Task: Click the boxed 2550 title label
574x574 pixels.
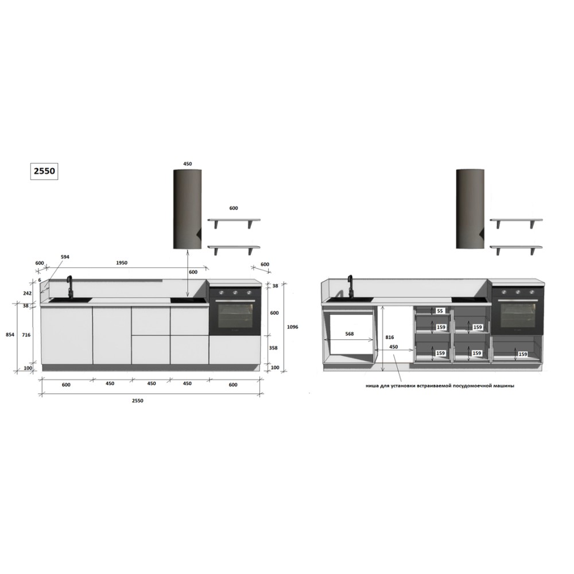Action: pos(44,171)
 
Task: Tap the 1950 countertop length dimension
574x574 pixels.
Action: pos(122,262)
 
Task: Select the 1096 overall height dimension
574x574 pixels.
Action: pos(292,327)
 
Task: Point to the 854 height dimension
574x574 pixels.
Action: pos(10,334)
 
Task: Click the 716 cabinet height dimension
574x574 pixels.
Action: pos(26,335)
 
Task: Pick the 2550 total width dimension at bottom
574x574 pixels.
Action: pos(137,401)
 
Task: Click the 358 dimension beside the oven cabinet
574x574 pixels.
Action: pos(273,348)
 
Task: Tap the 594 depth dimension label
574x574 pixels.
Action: pos(64,257)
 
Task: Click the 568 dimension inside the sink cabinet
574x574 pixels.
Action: pos(350,333)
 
